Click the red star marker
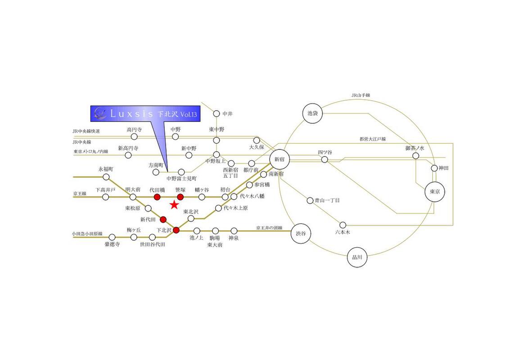click(x=174, y=206)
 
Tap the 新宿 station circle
click(x=280, y=159)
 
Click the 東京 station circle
click(x=435, y=191)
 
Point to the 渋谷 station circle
click(x=301, y=234)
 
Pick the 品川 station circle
click(x=357, y=258)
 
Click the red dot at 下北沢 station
click(x=176, y=230)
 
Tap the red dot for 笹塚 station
click(x=180, y=197)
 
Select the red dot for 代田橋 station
click(x=157, y=197)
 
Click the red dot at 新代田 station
click(x=163, y=220)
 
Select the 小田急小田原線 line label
click(x=87, y=234)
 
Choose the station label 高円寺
click(x=134, y=130)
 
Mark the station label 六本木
click(x=343, y=232)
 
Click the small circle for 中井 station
click(x=217, y=114)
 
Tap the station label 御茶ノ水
click(x=415, y=148)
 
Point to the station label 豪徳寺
click(x=112, y=244)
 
